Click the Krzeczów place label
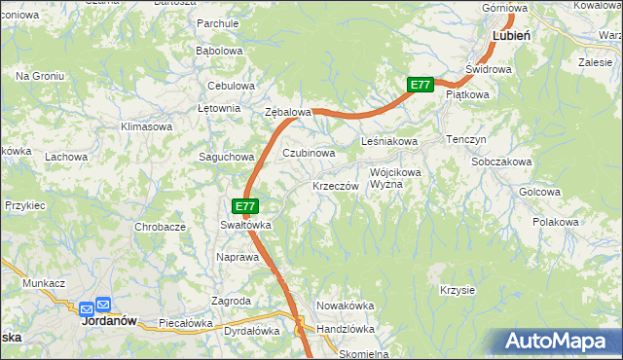pos(337,186)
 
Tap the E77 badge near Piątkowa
pos(420,85)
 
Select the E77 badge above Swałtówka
pos(245,206)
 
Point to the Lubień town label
pos(511,34)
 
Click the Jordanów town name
pos(106,320)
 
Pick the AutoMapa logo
pos(560,342)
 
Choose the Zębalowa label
pos(288,112)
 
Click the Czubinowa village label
pos(310,153)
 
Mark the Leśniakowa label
pos(389,142)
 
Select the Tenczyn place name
pos(466,140)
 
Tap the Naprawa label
pos(238,258)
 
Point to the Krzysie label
pos(457,291)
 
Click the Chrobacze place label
pos(161,227)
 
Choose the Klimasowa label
pos(146,126)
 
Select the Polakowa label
pos(556,222)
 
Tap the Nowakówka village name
pos(346,306)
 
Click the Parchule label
pos(217,22)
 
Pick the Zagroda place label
pos(233,301)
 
